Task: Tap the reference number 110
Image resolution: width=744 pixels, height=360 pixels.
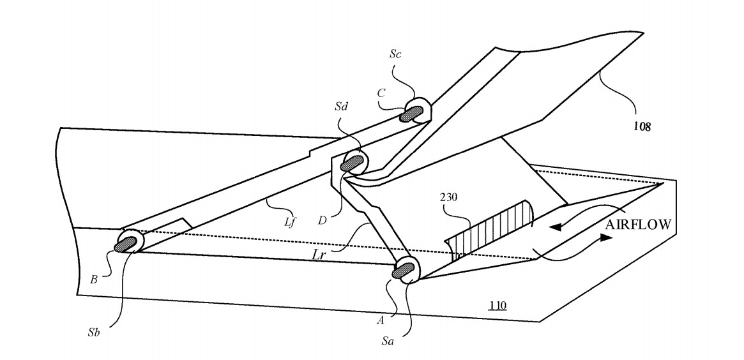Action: tap(497, 306)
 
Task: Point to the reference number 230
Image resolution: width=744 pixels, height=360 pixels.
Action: tap(448, 198)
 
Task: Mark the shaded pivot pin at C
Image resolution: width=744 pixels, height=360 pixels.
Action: tap(413, 114)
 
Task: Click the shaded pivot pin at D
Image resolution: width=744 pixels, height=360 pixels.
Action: tap(352, 164)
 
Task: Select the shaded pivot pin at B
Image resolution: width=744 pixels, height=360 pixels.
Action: tap(125, 243)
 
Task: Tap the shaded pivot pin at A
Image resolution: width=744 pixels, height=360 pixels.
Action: tap(402, 271)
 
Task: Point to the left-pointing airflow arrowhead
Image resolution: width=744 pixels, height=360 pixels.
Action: tap(558, 225)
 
